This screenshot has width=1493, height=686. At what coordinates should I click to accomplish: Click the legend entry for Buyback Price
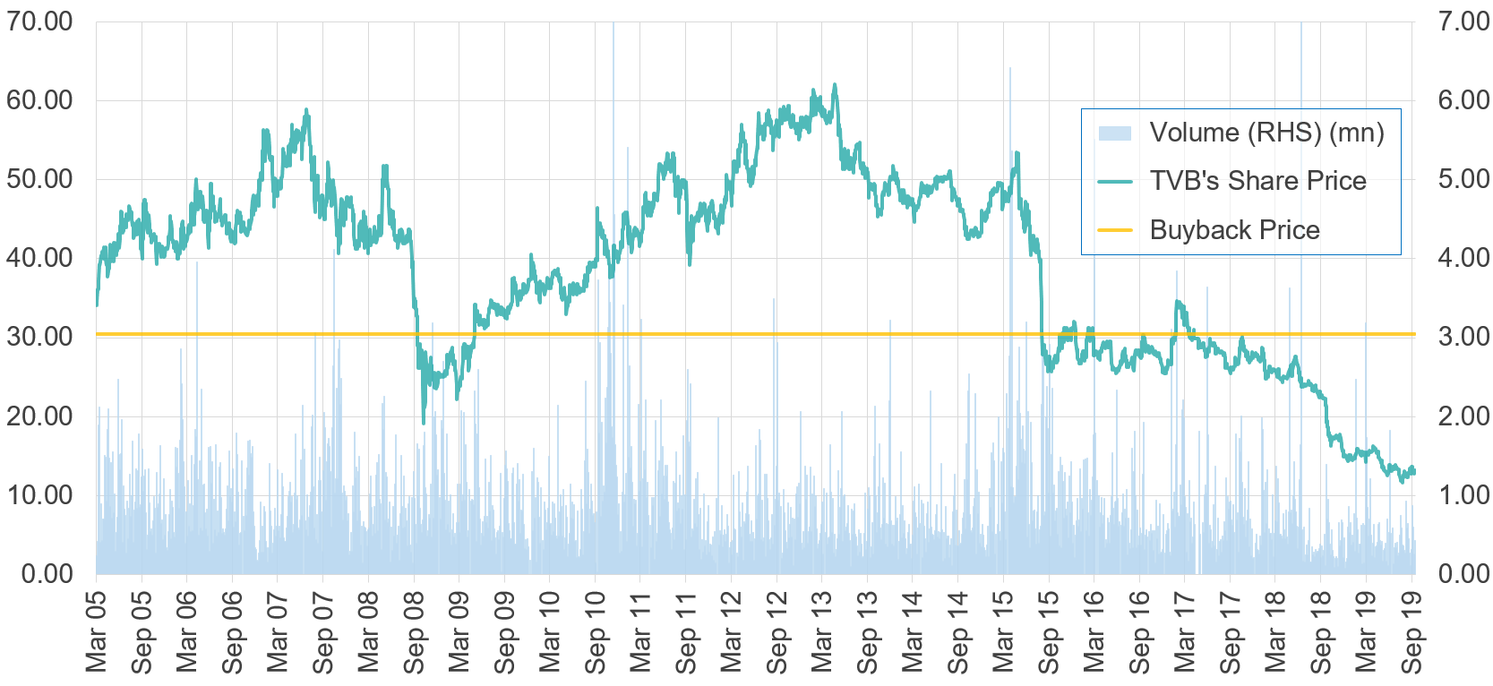(1234, 230)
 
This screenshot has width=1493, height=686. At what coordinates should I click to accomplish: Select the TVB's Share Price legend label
(1257, 181)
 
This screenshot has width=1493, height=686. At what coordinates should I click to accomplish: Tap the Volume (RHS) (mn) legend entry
(1266, 133)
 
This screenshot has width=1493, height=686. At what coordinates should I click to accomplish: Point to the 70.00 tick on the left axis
(40, 21)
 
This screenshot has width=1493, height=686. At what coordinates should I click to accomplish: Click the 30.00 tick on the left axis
(40, 337)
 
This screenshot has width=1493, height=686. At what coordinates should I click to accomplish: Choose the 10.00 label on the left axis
(40, 494)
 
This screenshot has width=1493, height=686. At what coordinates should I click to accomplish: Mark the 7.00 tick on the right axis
(1463, 21)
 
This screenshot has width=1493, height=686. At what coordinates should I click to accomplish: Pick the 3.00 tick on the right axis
(1463, 337)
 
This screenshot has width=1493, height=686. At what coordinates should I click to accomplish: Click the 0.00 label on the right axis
(1463, 573)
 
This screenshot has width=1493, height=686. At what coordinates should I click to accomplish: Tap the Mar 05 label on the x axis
(96, 631)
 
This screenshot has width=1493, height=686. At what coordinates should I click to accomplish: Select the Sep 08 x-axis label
(414, 631)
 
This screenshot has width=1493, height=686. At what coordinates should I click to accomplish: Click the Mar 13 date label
(821, 631)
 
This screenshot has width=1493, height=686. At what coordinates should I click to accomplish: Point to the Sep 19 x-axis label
(1411, 631)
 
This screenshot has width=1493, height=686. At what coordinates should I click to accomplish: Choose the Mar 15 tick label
(1003, 631)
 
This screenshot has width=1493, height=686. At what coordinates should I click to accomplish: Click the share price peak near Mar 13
(835, 85)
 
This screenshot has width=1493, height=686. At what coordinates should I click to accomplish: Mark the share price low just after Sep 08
(424, 422)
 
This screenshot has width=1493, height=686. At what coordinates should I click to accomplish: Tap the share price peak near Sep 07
(306, 110)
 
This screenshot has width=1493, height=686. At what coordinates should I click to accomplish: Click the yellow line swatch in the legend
(1115, 230)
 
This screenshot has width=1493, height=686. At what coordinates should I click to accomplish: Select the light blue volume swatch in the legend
(1115, 133)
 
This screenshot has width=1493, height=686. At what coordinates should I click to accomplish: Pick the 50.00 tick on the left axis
(40, 179)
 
